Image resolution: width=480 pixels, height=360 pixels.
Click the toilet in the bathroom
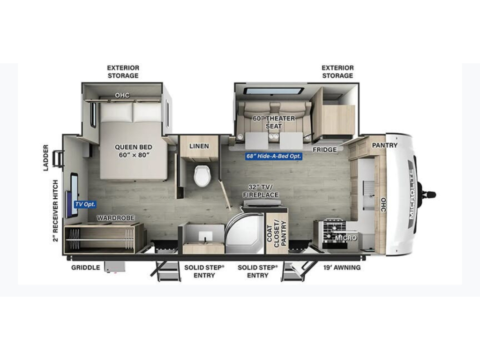click(202, 175)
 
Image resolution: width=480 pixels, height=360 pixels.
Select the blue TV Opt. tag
click(85, 204)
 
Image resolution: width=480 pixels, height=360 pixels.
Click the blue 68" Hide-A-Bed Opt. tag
click(274, 156)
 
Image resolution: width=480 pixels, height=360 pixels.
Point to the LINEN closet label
click(199, 146)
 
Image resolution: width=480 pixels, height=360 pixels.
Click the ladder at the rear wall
click(58, 159)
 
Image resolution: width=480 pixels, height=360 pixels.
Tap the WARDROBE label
click(116, 218)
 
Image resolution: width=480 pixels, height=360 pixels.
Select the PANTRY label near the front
click(384, 145)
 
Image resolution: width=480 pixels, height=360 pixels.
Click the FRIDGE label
click(324, 150)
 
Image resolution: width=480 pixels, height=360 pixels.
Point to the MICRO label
click(346, 238)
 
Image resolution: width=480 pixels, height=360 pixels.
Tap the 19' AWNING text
click(342, 268)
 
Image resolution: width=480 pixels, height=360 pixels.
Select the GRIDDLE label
click(86, 268)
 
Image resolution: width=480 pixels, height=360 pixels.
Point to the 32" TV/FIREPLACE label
click(261, 191)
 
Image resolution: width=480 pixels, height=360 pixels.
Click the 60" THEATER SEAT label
click(274, 122)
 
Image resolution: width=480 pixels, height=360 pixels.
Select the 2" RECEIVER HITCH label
click(55, 211)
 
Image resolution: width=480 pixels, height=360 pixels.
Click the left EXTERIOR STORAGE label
click(123, 72)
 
